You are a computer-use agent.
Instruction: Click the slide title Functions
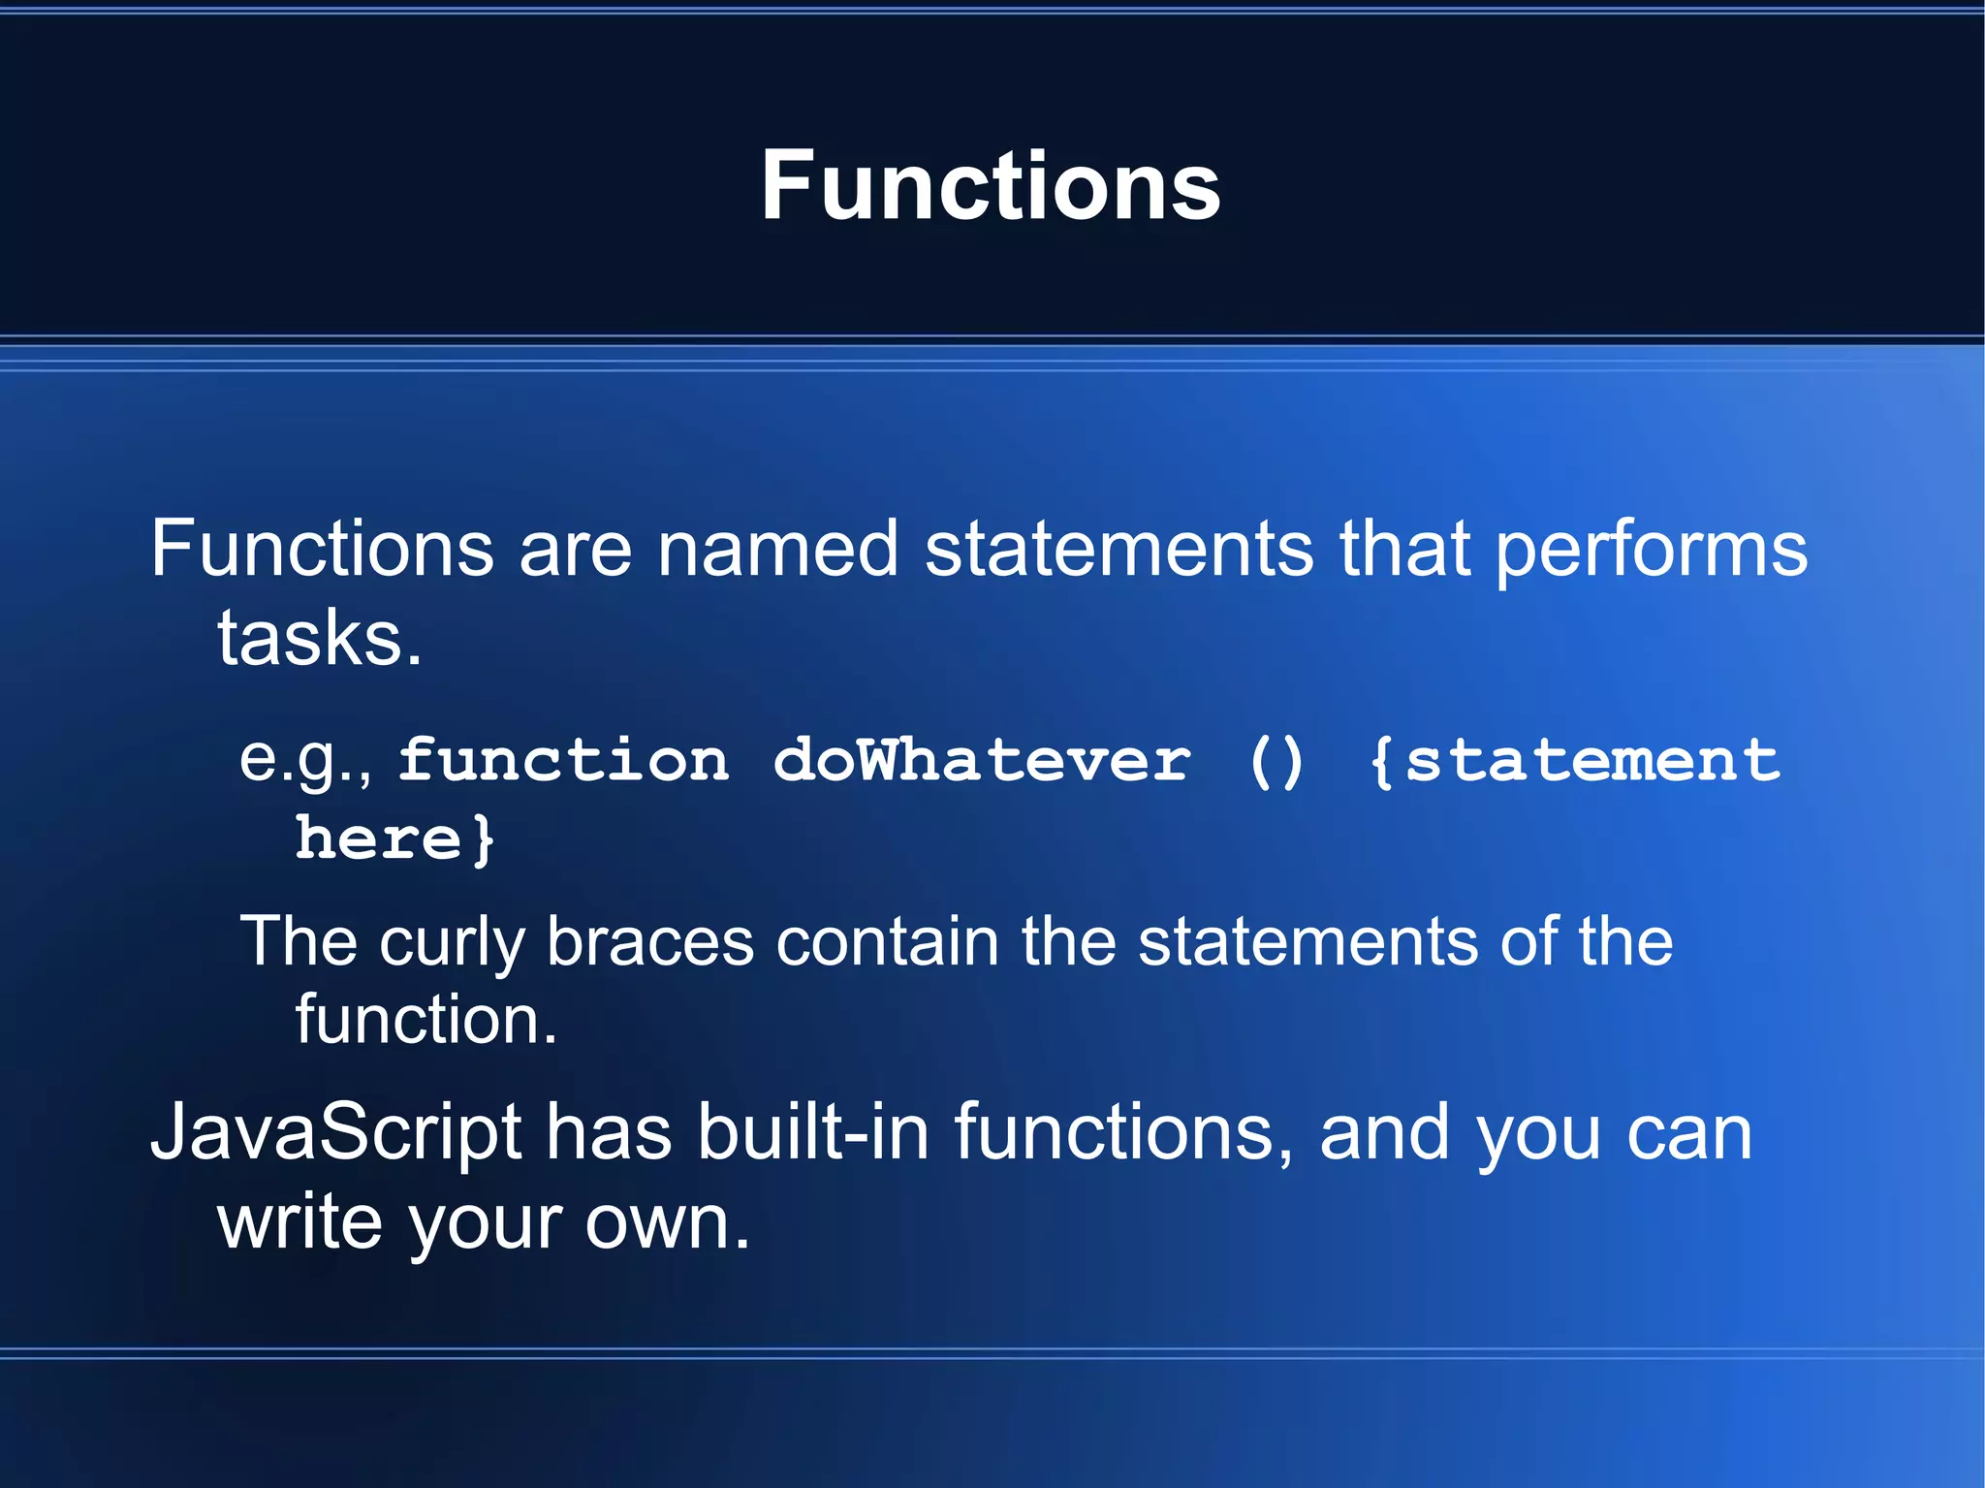pos(990,186)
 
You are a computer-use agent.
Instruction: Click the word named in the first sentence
pos(778,551)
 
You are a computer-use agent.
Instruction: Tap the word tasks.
pos(320,640)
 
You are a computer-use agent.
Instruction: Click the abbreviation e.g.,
pos(305,760)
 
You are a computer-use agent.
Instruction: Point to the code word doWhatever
pos(982,760)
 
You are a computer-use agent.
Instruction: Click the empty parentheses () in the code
pos(1276,762)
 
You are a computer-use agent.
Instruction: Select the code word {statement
pos(1574,761)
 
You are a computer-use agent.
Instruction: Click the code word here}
pos(394,839)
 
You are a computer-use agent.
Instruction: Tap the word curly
pos(452,943)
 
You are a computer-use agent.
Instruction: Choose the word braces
pos(649,941)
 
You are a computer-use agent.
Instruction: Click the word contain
pos(887,941)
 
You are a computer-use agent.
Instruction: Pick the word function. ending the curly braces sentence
pos(426,1020)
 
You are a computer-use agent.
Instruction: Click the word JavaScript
pos(335,1134)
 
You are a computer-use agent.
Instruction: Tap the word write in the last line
pos(299,1223)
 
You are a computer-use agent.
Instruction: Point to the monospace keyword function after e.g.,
pos(563,760)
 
